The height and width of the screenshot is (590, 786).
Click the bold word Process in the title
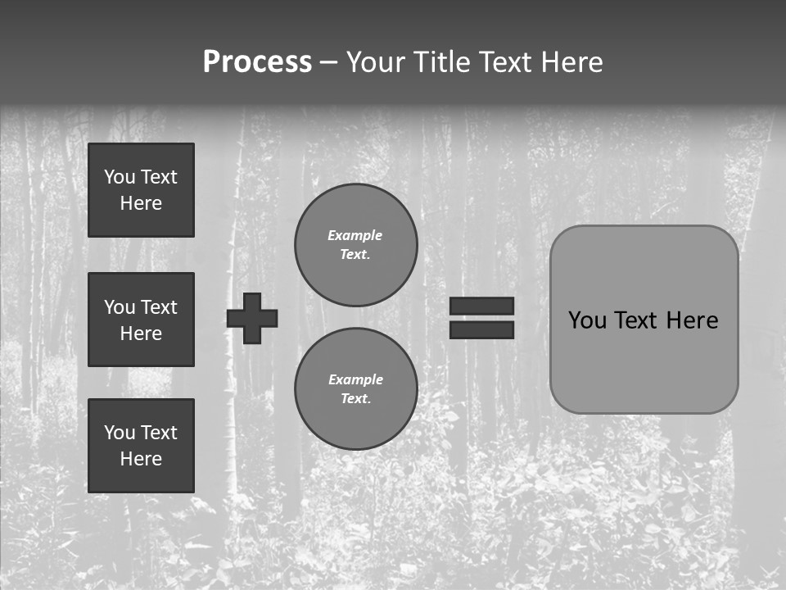[x=257, y=62]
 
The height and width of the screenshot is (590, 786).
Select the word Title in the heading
[x=446, y=62]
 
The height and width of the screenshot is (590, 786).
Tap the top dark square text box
[x=141, y=190]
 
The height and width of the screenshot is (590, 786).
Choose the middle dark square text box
[x=141, y=320]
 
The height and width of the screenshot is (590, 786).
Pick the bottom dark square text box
[x=141, y=446]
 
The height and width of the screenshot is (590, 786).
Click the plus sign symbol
[x=252, y=318]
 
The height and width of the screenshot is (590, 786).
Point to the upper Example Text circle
[x=355, y=244]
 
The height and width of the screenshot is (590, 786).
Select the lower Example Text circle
[x=355, y=388]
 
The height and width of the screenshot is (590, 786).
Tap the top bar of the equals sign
[x=481, y=306]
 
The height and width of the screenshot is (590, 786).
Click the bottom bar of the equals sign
[x=481, y=329]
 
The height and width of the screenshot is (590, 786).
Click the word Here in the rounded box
[x=692, y=320]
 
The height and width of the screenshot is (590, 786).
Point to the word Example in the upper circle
[x=355, y=235]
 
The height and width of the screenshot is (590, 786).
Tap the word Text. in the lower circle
[x=355, y=399]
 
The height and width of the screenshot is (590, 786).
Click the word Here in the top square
[x=141, y=203]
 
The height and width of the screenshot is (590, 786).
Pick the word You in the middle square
[x=120, y=307]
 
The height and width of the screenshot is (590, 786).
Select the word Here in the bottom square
[x=141, y=459]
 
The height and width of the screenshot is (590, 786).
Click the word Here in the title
[x=571, y=62]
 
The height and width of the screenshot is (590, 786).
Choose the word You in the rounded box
[x=587, y=320]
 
